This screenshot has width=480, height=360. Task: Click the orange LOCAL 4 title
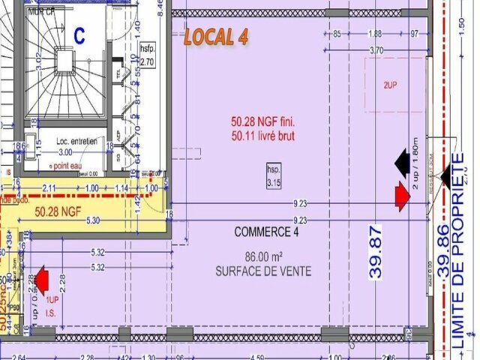point(216,37)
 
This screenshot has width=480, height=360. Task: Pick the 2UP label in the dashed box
point(390,85)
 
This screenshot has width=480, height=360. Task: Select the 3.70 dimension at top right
point(376,50)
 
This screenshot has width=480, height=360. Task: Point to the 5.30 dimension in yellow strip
point(93,221)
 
